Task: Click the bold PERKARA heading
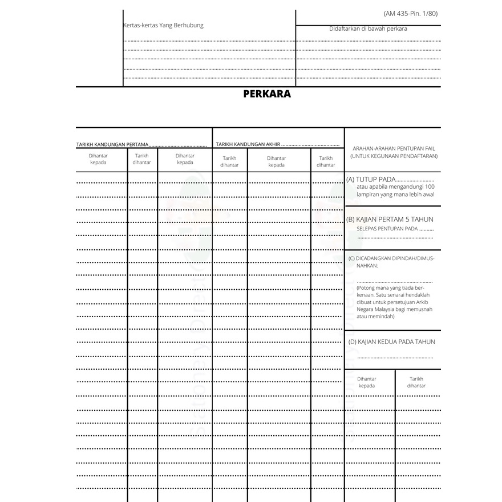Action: (266, 94)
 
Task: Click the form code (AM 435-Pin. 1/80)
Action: (412, 13)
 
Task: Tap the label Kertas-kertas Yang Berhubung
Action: (164, 25)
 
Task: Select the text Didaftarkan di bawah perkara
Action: (368, 29)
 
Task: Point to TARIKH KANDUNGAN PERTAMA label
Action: (112, 145)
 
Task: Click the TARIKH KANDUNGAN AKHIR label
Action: (248, 145)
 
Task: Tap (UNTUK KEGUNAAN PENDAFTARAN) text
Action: (394, 155)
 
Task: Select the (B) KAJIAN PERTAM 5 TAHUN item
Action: (390, 219)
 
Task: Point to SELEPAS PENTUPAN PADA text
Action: (387, 229)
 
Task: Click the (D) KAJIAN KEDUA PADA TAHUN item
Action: (391, 342)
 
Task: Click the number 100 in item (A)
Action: (430, 187)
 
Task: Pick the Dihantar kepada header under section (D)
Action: (367, 382)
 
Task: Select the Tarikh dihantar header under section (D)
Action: (416, 382)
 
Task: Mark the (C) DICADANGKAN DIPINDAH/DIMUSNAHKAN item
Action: (391, 261)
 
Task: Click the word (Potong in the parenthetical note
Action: (367, 288)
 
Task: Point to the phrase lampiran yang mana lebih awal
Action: (395, 195)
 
